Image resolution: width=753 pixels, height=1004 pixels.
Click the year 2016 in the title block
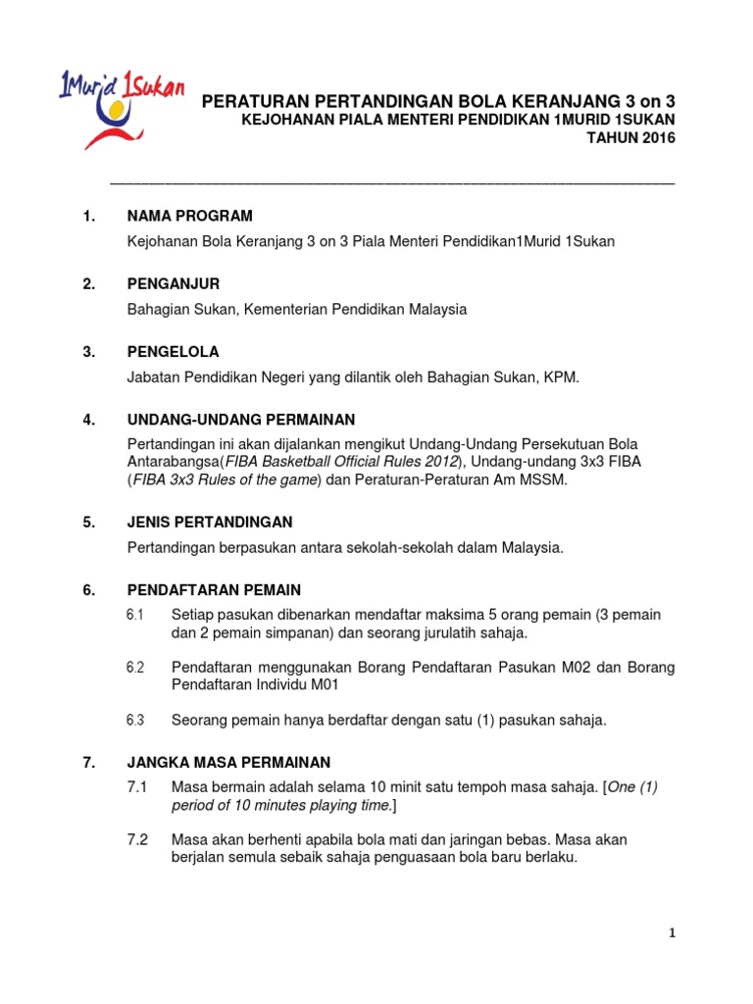coord(653,138)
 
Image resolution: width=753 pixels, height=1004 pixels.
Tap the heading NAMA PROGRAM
coord(190,216)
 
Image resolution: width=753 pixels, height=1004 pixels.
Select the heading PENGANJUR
coord(174,284)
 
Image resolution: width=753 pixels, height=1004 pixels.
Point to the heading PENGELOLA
coord(174,352)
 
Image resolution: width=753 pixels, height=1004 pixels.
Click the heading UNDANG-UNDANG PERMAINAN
coord(241,420)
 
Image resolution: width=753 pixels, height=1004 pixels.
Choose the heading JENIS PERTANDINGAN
coord(210,523)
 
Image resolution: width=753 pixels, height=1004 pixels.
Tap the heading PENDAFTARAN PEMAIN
coord(214,590)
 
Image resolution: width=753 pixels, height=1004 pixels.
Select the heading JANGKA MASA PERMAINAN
coord(228,762)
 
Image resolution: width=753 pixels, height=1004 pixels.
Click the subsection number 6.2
coord(135,668)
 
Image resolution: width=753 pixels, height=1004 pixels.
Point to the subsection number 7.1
coord(136,787)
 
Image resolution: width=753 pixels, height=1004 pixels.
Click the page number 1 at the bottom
coord(671,934)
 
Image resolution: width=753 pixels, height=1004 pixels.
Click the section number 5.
coord(89,523)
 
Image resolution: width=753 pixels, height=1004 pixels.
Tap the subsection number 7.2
coord(136,840)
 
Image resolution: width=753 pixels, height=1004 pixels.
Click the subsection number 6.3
coord(135,720)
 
